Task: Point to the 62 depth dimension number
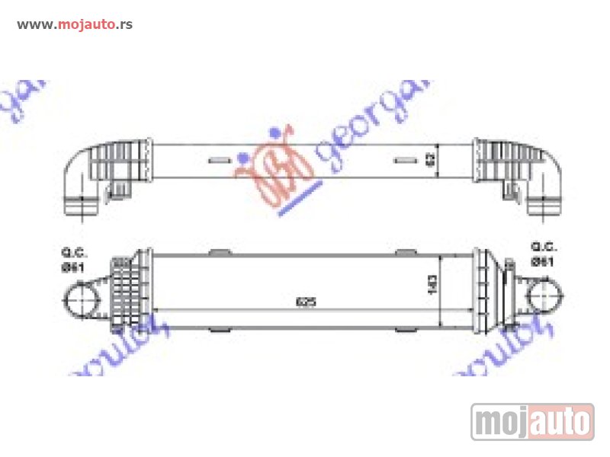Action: click(431, 160)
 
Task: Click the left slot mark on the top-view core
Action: click(218, 161)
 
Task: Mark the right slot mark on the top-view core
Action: click(403, 161)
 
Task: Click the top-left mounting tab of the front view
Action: click(218, 252)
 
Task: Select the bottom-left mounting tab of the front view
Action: click(218, 330)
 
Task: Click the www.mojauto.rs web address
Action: click(75, 24)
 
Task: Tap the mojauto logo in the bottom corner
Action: click(532, 421)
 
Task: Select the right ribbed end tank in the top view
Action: click(500, 161)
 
